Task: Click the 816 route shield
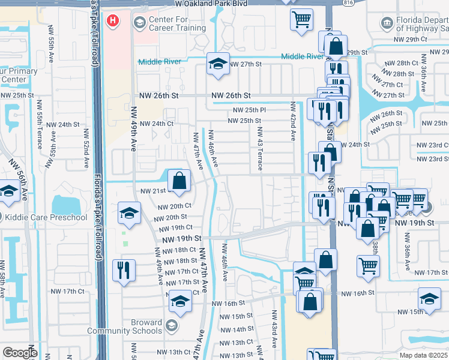point(348,3)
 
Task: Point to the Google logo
point(19,353)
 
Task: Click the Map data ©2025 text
point(423,355)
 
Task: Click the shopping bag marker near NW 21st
point(179,180)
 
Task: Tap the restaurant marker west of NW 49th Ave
point(124,269)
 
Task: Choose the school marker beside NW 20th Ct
point(129,213)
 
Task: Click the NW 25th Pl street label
point(249,110)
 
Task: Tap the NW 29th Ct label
point(411,39)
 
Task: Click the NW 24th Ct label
point(156,124)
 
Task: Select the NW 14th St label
point(237,329)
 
